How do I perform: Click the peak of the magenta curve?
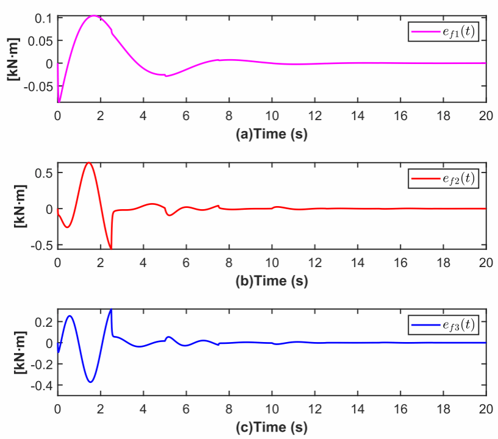95,16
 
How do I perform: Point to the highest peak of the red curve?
88,163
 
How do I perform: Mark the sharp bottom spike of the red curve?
111,248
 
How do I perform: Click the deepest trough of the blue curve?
91,382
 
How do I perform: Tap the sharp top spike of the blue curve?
111,310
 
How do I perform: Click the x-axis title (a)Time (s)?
272,134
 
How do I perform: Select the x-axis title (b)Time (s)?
272,281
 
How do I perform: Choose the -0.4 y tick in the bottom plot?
41,386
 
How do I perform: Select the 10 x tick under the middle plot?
272,263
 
